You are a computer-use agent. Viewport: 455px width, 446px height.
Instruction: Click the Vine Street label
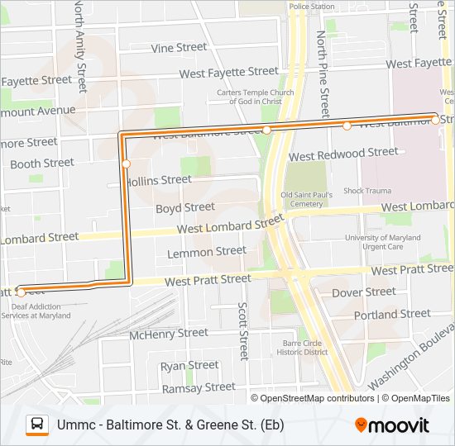pyautogui.click(x=179, y=48)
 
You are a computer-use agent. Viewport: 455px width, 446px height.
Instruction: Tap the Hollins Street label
pyautogui.click(x=159, y=180)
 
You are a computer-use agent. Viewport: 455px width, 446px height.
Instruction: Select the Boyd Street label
pyautogui.click(x=185, y=207)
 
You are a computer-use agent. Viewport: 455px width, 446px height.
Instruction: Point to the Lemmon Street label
pyautogui.click(x=206, y=251)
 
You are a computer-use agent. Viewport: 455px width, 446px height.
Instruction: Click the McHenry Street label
pyautogui.click(x=169, y=334)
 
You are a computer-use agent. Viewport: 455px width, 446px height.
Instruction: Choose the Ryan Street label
pyautogui.click(x=189, y=365)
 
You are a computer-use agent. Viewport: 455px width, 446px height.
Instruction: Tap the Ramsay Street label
pyautogui.click(x=199, y=387)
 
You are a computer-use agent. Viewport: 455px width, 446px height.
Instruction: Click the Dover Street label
pyautogui.click(x=363, y=292)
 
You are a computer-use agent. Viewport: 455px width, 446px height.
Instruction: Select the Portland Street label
pyautogui.click(x=392, y=315)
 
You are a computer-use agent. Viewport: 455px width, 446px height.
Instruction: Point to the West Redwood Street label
pyautogui.click(x=342, y=154)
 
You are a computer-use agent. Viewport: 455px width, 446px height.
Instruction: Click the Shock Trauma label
pyautogui.click(x=367, y=191)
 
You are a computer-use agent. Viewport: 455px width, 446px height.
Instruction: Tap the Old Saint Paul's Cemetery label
pyautogui.click(x=307, y=199)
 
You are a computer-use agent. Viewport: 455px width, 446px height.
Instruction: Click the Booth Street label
pyautogui.click(x=41, y=164)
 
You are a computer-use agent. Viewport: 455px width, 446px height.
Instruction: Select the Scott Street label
pyautogui.click(x=242, y=330)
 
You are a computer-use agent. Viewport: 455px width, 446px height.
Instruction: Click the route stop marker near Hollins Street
pyautogui.click(x=126, y=164)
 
